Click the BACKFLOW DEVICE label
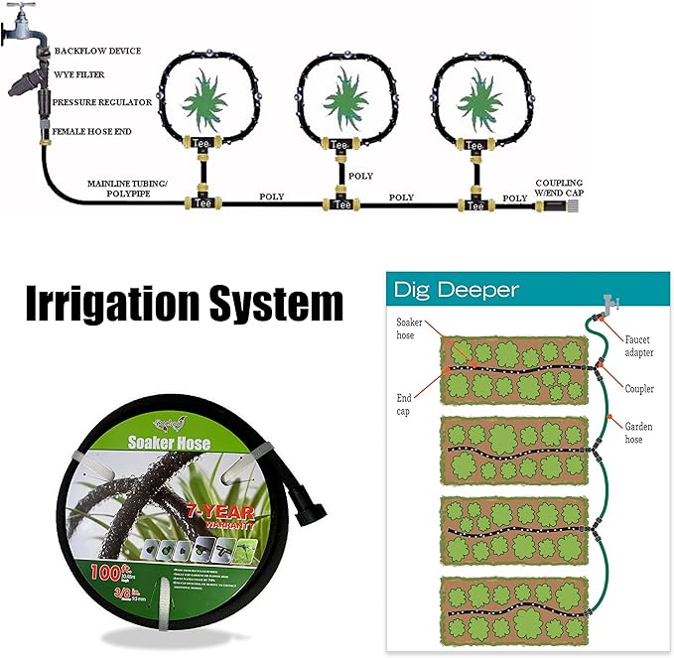(97, 51)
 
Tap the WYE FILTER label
(80, 74)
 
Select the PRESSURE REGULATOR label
(102, 102)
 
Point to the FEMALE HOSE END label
(92, 131)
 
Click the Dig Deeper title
(456, 290)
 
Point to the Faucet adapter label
(640, 345)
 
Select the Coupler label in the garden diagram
(640, 387)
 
